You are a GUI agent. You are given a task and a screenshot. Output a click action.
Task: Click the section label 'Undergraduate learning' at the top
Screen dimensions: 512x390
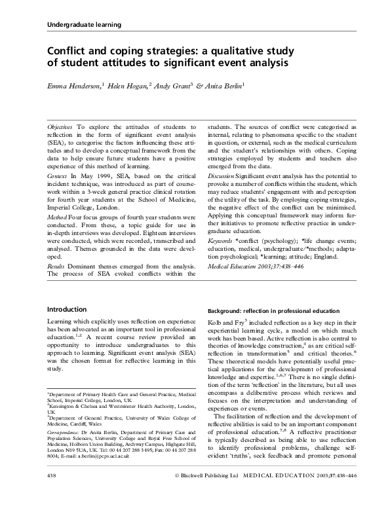pyautogui.click(x=85, y=25)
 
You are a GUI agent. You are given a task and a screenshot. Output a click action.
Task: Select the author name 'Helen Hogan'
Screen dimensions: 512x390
pyautogui.click(x=131, y=85)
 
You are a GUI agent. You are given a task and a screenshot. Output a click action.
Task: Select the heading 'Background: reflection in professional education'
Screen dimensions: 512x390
pyautogui.click(x=274, y=310)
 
